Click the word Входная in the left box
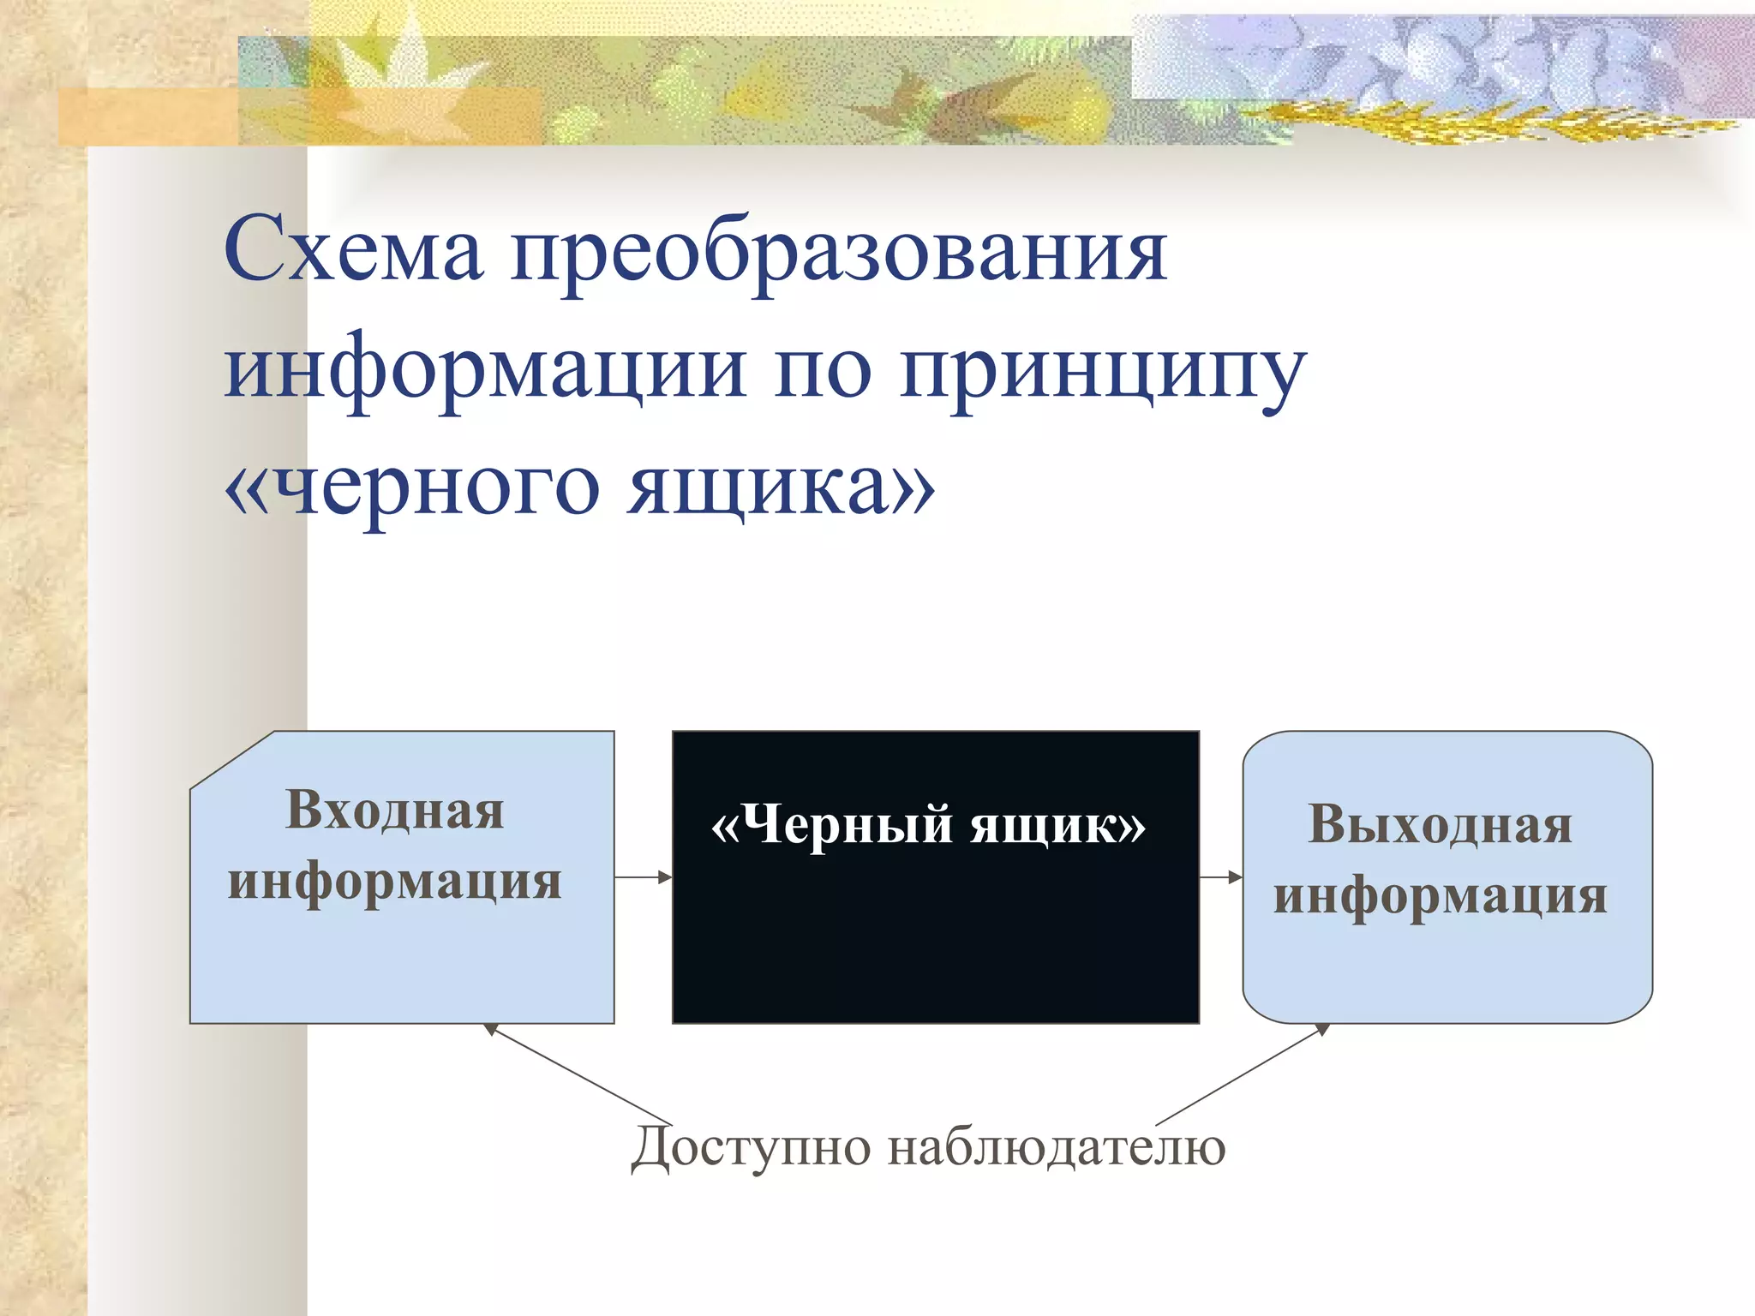coord(394,810)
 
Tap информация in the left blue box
coord(394,882)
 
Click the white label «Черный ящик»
coord(929,826)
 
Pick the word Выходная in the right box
coord(1440,825)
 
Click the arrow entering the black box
coord(644,876)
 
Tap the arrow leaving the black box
coord(1221,876)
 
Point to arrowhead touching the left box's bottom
coord(491,1029)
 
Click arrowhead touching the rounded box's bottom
coord(1322,1029)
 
